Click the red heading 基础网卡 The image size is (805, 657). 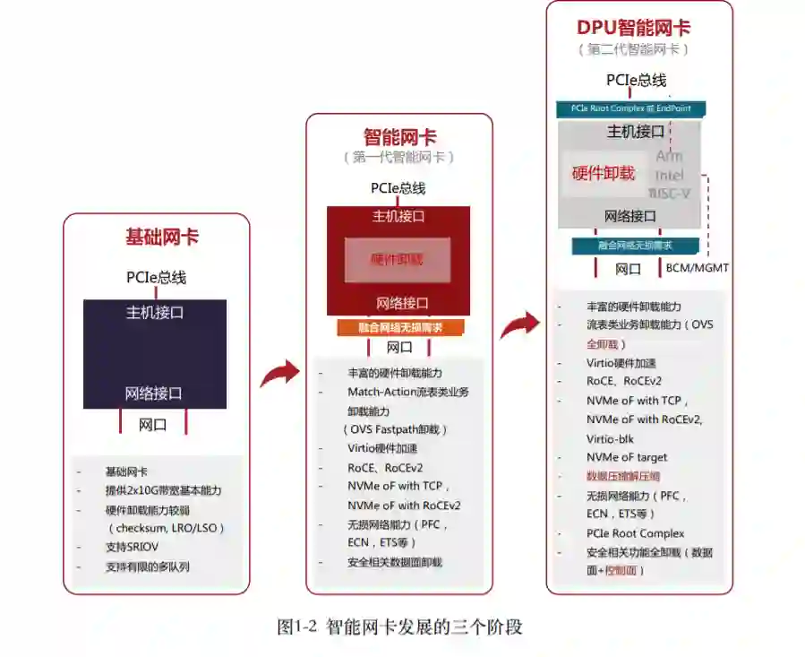click(x=162, y=238)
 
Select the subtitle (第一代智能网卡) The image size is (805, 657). click(x=399, y=158)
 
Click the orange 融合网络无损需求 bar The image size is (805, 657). click(x=400, y=327)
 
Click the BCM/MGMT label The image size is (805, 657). click(x=698, y=268)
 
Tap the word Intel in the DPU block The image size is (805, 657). click(x=669, y=175)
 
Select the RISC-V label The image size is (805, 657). click(x=669, y=193)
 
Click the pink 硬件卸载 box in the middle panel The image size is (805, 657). click(x=398, y=260)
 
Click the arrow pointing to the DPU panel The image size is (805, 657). click(x=518, y=324)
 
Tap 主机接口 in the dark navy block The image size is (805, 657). click(x=155, y=313)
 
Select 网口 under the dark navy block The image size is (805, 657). click(x=152, y=426)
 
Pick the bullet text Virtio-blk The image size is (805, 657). click(x=610, y=439)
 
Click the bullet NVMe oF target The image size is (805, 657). click(x=627, y=457)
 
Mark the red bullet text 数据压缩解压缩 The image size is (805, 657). click(x=623, y=476)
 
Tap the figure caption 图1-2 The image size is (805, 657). click(x=297, y=627)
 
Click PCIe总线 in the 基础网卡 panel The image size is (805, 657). click(x=156, y=277)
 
